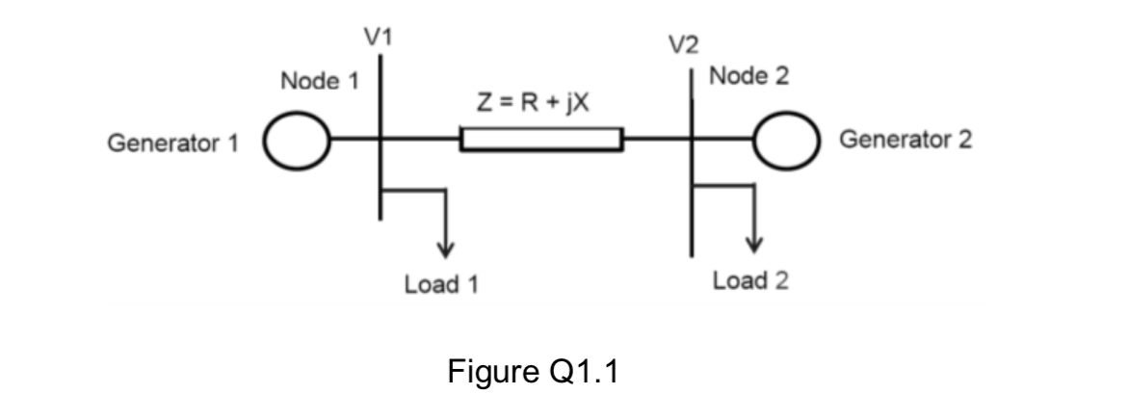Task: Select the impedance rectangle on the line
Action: tap(541, 141)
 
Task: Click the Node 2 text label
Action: tap(748, 77)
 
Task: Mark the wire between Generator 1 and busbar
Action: tap(355, 142)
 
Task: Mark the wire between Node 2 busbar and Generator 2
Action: tap(723, 142)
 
